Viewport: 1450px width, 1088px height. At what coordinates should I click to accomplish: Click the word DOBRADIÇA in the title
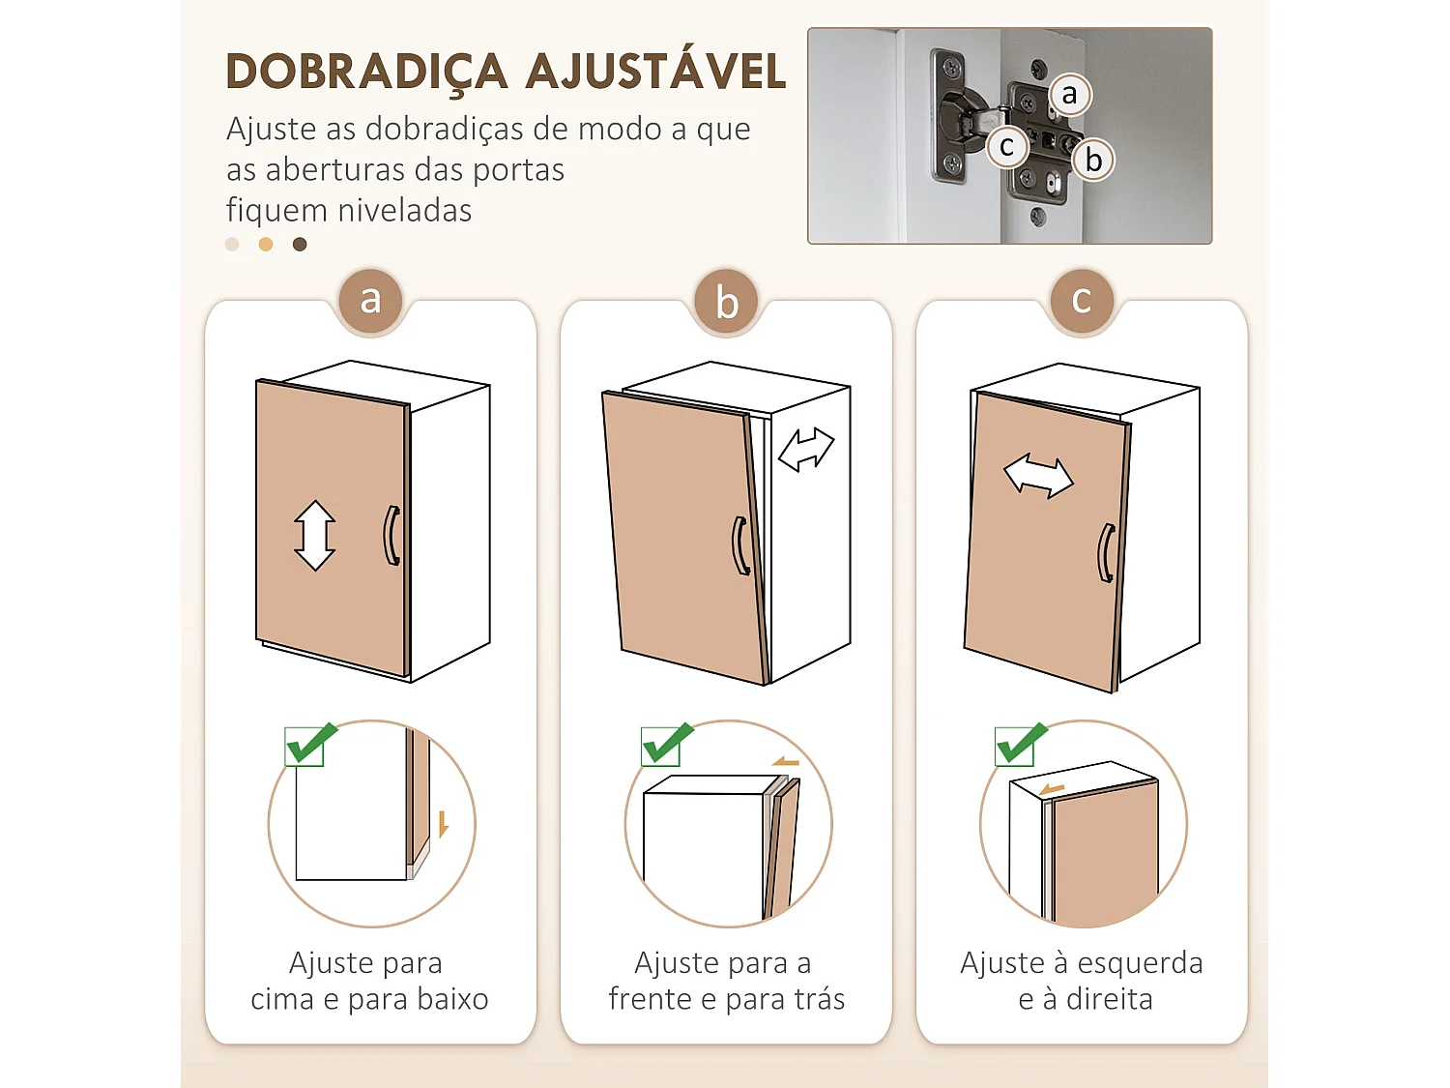tap(366, 73)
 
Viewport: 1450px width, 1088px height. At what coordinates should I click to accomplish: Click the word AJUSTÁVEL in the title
tap(656, 73)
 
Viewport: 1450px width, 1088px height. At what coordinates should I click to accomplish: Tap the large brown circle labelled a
tap(370, 300)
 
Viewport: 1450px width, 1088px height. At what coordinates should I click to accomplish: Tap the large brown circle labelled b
tap(727, 302)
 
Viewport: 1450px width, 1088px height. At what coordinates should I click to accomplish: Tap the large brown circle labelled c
tap(1082, 300)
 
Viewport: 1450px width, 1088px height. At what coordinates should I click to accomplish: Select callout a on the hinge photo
tap(1069, 95)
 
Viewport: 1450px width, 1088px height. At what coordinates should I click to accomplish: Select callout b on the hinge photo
tap(1093, 160)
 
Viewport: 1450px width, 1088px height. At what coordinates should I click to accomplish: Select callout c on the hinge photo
tap(1007, 147)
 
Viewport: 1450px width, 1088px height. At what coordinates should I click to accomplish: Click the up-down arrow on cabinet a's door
tap(315, 535)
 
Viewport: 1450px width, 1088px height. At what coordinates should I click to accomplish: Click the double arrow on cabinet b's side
tap(806, 450)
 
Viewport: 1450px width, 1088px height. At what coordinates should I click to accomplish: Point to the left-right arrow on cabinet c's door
tap(1038, 476)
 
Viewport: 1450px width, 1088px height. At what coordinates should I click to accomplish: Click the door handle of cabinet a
tap(391, 536)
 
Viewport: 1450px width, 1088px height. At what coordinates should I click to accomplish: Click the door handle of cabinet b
tap(740, 546)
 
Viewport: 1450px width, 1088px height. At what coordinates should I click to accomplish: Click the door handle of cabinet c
tap(1106, 553)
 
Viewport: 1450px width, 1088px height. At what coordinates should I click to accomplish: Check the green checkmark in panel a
tap(309, 744)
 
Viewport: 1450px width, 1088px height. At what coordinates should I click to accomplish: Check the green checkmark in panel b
tap(666, 744)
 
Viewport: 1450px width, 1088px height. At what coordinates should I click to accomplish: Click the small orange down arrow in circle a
tap(443, 824)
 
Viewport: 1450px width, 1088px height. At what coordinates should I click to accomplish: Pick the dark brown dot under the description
tap(300, 245)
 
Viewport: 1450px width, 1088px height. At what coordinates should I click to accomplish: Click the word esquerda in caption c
tap(1140, 963)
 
